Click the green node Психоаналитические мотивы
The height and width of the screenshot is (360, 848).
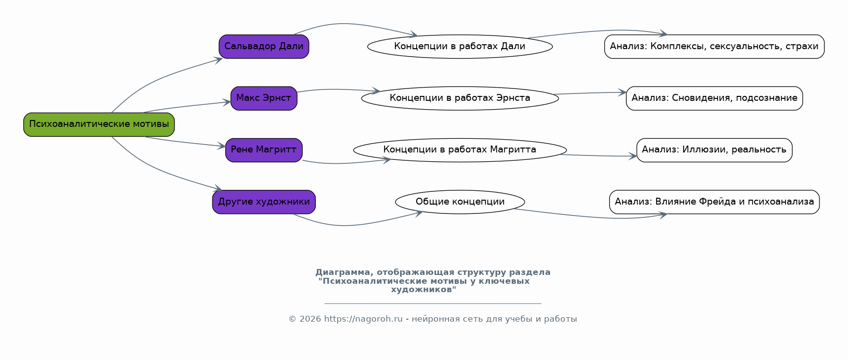click(99, 124)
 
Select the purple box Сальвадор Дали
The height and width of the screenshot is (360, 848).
click(264, 47)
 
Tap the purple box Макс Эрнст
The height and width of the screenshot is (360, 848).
click(264, 98)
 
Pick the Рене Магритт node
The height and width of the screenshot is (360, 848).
click(264, 150)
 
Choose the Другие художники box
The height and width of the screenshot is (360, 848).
click(264, 202)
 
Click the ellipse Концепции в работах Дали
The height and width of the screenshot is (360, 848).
click(460, 47)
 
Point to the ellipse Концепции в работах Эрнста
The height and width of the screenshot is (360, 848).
click(460, 98)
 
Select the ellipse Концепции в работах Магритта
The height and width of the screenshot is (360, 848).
click(460, 150)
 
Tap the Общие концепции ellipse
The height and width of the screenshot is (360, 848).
click(460, 202)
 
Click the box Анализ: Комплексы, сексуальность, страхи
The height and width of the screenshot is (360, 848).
click(714, 47)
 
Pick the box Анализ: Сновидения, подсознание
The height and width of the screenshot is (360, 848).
click(714, 98)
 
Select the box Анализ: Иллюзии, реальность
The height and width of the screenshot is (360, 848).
click(714, 150)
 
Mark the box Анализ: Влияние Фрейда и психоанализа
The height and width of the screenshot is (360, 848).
click(714, 202)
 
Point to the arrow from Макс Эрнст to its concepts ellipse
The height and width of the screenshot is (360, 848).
click(338, 90)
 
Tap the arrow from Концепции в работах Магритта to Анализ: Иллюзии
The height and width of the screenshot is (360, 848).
click(599, 156)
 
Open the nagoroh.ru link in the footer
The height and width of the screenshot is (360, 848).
click(363, 319)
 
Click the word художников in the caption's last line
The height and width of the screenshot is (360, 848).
click(424, 290)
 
